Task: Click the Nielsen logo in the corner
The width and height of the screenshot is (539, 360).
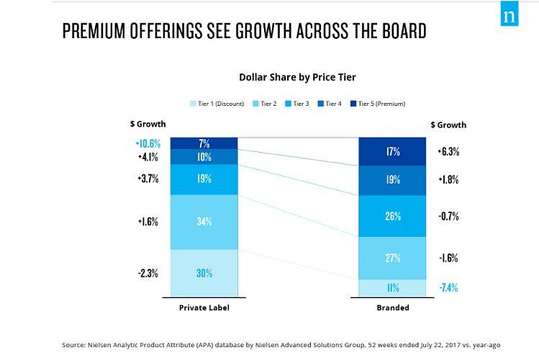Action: coord(510,13)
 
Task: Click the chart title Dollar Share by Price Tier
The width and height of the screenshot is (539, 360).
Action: coord(297,76)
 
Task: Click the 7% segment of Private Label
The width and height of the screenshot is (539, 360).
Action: coord(204,143)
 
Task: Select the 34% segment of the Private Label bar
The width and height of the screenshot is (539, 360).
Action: coord(204,222)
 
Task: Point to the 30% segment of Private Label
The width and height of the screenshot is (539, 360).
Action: coord(204,273)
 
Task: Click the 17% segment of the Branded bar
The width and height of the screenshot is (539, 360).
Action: coord(393,152)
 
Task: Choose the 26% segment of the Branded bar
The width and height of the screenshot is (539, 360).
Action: coord(393,216)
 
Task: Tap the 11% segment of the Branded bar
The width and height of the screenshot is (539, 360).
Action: coord(393,288)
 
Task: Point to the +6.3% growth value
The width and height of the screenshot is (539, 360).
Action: coord(448,152)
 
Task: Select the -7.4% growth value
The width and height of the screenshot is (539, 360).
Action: coord(448,288)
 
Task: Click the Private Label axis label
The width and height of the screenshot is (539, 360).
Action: coord(204,307)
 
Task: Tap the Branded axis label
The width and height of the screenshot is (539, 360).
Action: coord(393,307)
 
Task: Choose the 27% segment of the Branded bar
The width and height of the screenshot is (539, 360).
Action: coord(393,258)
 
